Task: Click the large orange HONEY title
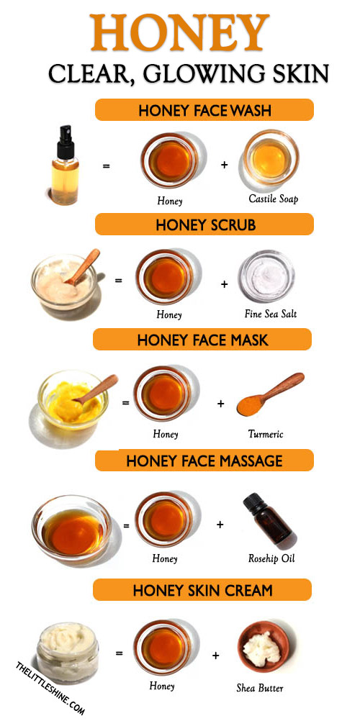pos(180,32)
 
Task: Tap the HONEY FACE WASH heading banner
pos(204,110)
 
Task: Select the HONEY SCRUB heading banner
pos(204,225)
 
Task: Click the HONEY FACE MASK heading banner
pos(202,340)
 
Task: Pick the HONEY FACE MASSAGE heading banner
pos(204,461)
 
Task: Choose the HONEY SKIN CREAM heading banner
pos(202,589)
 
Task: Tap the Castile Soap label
pos(272,199)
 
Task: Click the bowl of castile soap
pos(271,158)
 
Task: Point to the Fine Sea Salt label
pos(271,314)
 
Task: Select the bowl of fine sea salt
pos(266,276)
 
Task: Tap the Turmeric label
pos(265,434)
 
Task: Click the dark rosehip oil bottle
pos(268,519)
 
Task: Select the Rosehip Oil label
pos(271,558)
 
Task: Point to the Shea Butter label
pos(260,688)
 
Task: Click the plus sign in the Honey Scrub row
pos(224,284)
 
